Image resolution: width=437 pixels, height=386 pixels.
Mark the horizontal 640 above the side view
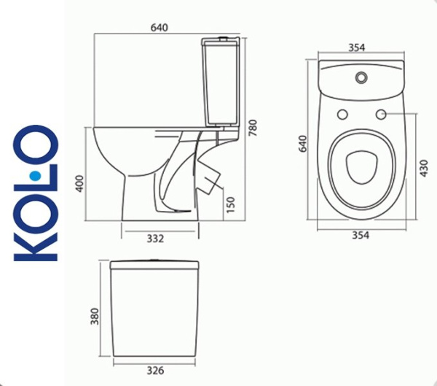[x=160, y=28]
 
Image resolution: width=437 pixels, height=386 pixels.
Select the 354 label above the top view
[x=357, y=47]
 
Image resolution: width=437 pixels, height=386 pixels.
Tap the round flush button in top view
[x=361, y=76]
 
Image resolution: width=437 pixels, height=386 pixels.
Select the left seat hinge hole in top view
[x=342, y=114]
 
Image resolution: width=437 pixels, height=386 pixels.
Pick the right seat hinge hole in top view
[x=380, y=114]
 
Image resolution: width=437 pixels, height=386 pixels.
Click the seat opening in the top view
[x=361, y=166]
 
